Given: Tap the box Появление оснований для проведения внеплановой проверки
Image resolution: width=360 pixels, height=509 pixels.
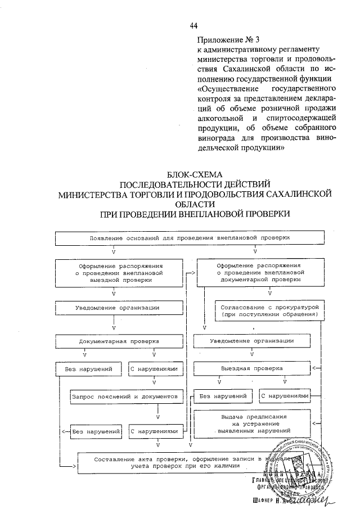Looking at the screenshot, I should click(x=190, y=238).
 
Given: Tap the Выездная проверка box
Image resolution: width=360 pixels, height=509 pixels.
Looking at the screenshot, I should click(x=252, y=369).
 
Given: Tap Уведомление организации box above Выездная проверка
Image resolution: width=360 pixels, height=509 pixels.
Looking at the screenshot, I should click(x=252, y=341).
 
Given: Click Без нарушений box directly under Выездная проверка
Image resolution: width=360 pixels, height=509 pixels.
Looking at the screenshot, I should click(x=220, y=396).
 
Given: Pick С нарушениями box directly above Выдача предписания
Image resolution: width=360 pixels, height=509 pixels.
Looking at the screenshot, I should click(x=285, y=396).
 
